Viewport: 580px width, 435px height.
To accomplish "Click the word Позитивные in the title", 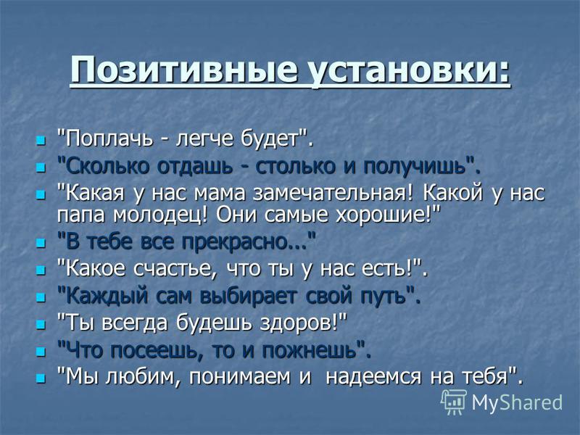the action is pos(184,70).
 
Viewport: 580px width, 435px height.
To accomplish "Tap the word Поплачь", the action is pos(109,139).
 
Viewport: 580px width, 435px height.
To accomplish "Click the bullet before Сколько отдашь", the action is pos(41,167).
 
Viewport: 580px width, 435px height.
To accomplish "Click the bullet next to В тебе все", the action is pos(41,244).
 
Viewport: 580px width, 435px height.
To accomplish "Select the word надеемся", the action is pos(373,377).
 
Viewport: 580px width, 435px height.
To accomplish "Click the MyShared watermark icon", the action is pos(454,402).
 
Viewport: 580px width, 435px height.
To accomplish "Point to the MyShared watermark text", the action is pos(517,402).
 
